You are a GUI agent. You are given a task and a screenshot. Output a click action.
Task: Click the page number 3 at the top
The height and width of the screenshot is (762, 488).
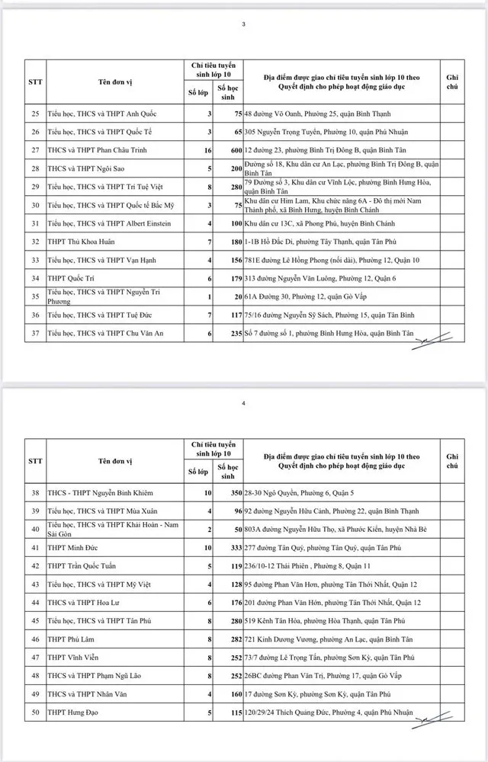pyautogui.click(x=243, y=25)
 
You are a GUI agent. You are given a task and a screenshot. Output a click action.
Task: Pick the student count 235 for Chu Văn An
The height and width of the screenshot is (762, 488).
pyautogui.click(x=233, y=332)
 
